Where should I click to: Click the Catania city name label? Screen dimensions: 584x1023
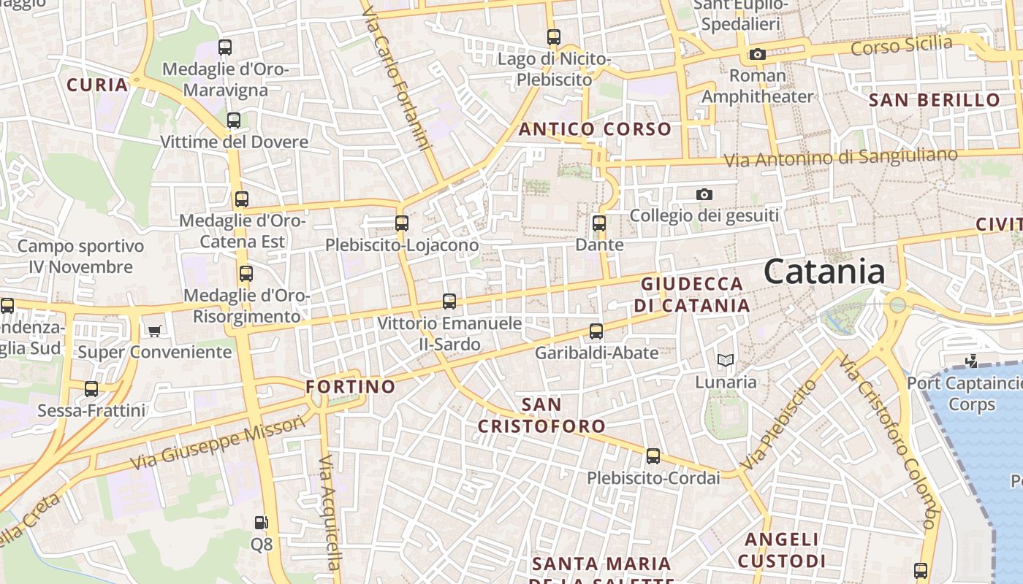coord(824,272)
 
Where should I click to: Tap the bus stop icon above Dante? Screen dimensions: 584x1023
coord(599,223)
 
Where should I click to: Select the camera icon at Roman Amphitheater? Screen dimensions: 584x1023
coord(757,55)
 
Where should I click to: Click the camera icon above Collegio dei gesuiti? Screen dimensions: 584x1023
coord(704,194)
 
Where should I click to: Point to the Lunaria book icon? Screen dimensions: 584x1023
coord(725,360)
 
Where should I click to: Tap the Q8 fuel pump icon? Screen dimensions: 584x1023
coord(261,523)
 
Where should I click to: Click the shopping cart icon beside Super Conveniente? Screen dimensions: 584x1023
coord(154,331)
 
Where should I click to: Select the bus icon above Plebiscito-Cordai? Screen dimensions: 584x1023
coord(653,456)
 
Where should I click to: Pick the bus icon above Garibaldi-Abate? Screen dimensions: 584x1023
coord(596,331)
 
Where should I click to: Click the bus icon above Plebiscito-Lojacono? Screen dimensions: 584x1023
coord(401,223)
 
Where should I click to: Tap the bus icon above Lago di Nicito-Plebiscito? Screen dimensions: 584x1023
coord(553,36)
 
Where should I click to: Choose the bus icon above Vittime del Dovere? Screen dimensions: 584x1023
coord(234,120)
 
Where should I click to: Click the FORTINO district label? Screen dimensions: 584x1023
coord(351,387)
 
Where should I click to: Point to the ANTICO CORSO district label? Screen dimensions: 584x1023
coord(595,130)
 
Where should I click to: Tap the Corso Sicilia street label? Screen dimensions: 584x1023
coord(902,45)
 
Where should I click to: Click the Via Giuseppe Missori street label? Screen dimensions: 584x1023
coord(218,442)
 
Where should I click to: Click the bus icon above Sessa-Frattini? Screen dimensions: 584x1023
coord(91,389)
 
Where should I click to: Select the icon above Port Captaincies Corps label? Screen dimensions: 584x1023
coord(971,361)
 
